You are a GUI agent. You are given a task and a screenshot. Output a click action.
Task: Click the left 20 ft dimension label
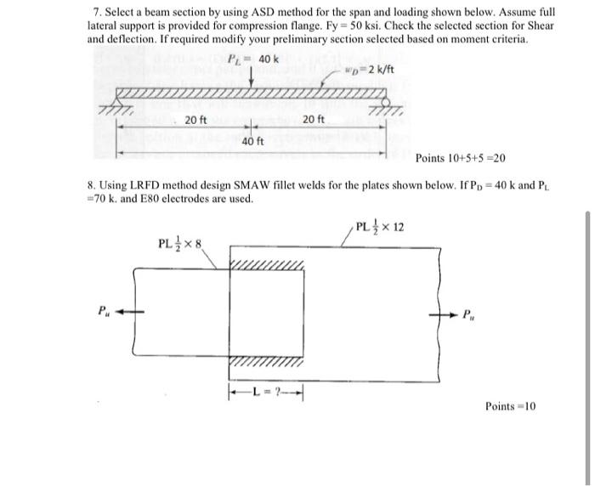click(195, 120)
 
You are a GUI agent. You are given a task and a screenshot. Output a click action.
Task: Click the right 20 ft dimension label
click(313, 120)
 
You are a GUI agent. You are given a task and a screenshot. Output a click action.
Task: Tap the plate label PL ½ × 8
click(181, 245)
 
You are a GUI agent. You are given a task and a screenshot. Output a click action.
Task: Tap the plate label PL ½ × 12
click(381, 228)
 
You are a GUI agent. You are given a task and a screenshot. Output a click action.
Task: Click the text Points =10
click(511, 406)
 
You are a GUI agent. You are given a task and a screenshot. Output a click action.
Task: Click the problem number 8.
click(91, 185)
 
